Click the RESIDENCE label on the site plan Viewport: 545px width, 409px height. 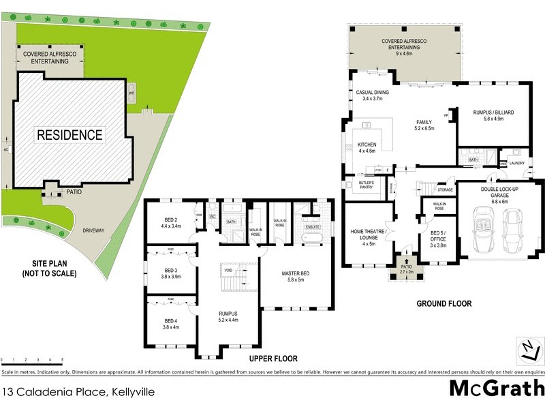(69, 135)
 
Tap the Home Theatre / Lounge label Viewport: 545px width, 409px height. (369, 235)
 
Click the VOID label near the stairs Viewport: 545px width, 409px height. (228, 271)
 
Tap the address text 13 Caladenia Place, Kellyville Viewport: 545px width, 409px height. (78, 392)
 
